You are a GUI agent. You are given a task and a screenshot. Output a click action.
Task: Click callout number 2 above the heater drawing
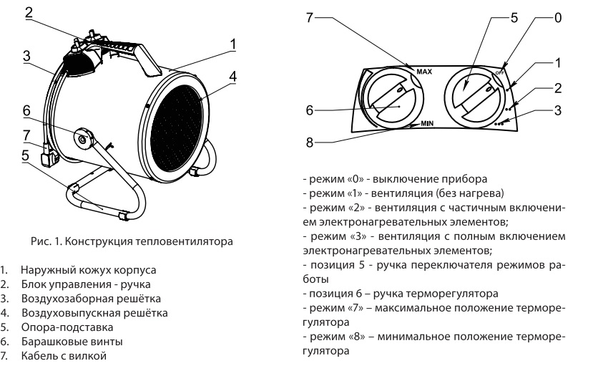point(28,12)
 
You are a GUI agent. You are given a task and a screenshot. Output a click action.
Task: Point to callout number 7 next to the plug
point(26,134)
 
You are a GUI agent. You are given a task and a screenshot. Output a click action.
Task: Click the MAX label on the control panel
point(423,71)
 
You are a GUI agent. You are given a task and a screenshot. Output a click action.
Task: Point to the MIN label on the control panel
point(428,123)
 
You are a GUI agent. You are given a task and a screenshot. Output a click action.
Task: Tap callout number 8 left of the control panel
point(310,143)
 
